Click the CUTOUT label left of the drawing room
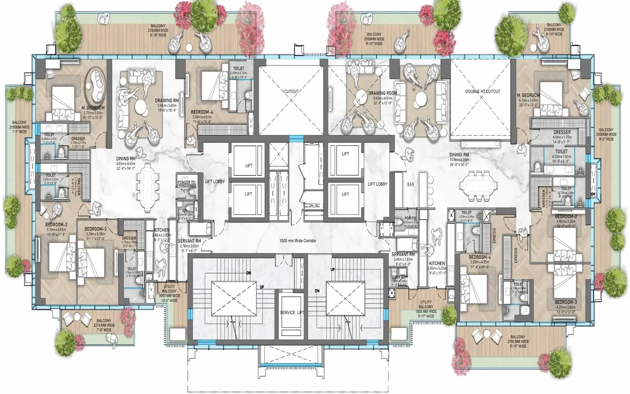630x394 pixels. [x=291, y=91]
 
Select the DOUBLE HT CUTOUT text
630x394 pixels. [x=483, y=91]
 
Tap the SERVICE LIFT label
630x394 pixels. [x=292, y=313]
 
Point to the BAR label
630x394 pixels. [x=410, y=185]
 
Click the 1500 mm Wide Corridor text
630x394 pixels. [x=297, y=241]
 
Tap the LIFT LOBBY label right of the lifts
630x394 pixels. [x=377, y=184]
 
